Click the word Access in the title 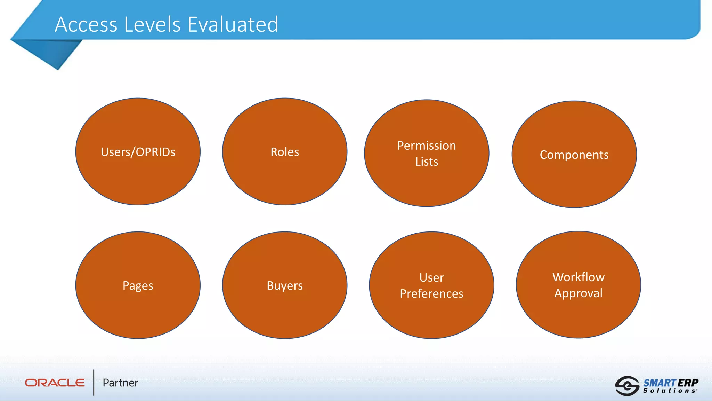[86, 25]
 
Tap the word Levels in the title [152, 25]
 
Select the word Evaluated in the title [233, 25]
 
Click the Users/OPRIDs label [138, 152]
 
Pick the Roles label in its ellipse [285, 152]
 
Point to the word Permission [427, 146]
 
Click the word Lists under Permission [427, 162]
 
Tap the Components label [574, 155]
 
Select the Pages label [138, 286]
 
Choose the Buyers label [285, 286]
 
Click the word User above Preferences [431, 278]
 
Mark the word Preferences [431, 294]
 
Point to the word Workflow [578, 277]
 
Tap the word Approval [578, 293]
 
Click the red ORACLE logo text [55, 383]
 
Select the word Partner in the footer [120, 383]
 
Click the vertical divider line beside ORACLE [94, 382]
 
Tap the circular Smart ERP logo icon [627, 386]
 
